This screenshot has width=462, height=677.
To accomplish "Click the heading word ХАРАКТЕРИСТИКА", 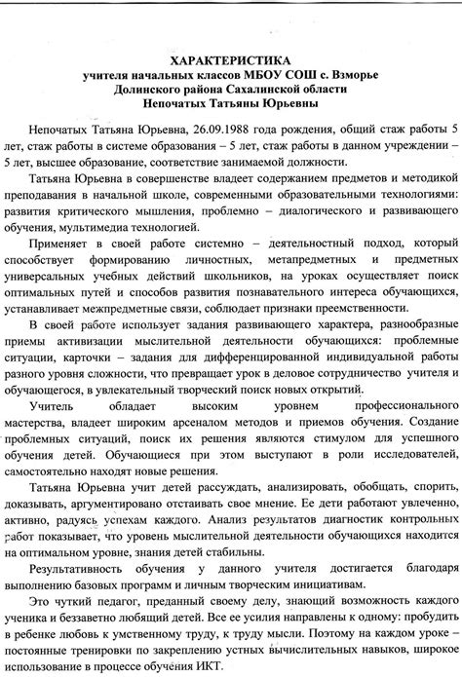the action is (231, 58).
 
